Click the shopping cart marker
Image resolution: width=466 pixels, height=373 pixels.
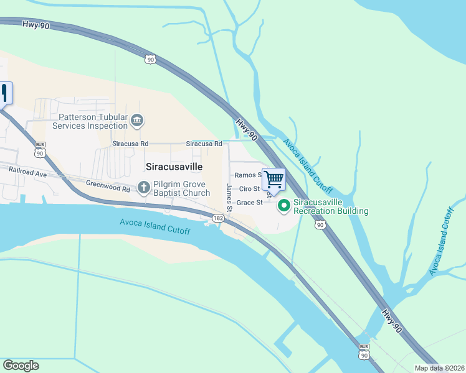(x=273, y=180)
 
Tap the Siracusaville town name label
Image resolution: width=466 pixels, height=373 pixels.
(x=174, y=167)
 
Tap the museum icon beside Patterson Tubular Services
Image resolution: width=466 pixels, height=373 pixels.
(x=138, y=119)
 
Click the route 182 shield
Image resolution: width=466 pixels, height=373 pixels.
(x=218, y=218)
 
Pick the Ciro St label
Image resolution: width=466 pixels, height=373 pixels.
(x=249, y=188)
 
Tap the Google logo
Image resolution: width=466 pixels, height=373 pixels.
(x=21, y=366)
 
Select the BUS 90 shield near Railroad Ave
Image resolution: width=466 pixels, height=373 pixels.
(x=40, y=150)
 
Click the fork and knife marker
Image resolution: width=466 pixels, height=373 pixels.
(x=6, y=93)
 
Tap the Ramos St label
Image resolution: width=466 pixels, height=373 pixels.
(x=247, y=175)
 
